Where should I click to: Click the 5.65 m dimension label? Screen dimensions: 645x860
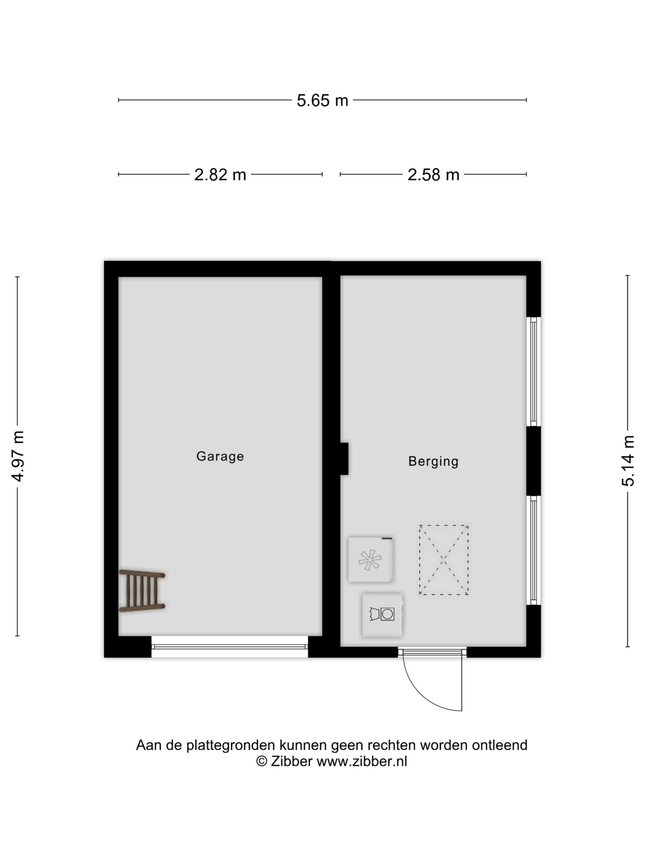click(322, 100)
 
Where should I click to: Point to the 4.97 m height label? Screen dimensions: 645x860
click(18, 456)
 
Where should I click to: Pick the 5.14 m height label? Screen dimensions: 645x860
click(628, 461)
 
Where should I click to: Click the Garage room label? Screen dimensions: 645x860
click(220, 456)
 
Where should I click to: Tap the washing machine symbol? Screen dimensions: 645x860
click(382, 615)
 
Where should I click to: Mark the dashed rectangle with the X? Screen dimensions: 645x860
click(444, 560)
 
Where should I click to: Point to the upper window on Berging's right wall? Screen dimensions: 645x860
click(533, 372)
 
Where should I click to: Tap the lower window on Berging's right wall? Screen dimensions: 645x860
click(533, 550)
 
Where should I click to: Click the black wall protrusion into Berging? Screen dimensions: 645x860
click(344, 459)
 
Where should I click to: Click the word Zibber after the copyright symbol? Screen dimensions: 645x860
click(292, 761)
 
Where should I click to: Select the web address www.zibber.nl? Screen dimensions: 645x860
click(362, 761)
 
